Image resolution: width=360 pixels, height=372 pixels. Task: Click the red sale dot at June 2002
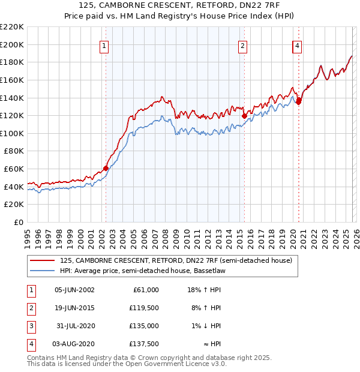point(106,168)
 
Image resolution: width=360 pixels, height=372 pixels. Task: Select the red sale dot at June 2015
point(244,116)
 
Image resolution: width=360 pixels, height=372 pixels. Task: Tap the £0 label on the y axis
point(19,223)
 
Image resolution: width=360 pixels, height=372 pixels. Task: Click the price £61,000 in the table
point(145,289)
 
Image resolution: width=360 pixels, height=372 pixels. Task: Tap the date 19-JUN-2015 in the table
point(74,308)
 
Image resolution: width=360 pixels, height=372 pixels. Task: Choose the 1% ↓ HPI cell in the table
point(206,326)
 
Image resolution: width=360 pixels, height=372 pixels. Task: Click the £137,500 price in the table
point(145,345)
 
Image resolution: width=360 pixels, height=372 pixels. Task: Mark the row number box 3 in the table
point(30,326)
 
